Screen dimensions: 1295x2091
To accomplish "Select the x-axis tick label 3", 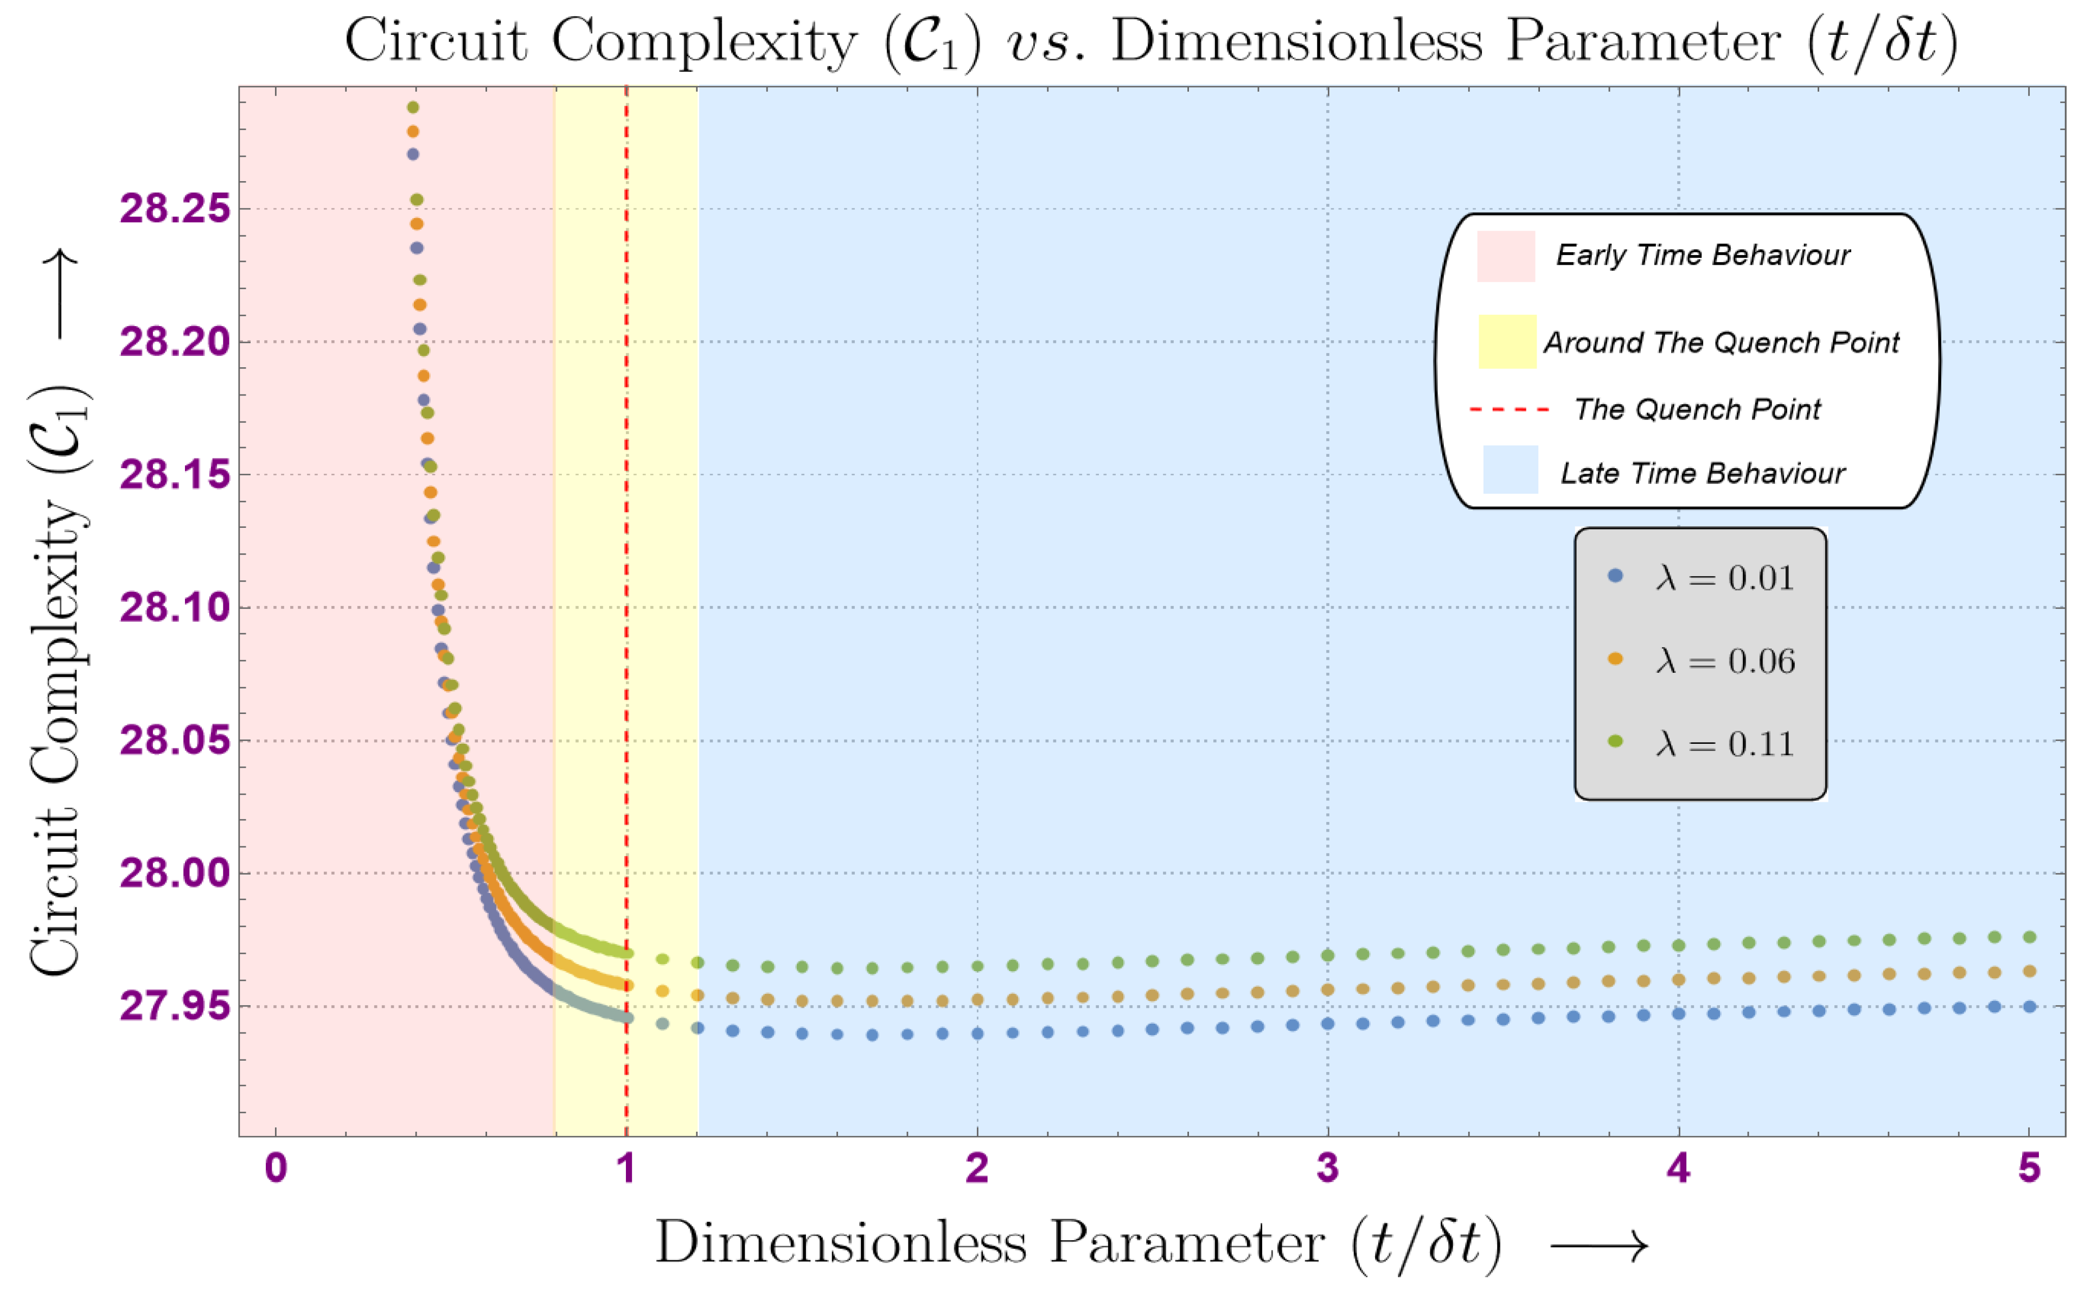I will pos(1327,1168).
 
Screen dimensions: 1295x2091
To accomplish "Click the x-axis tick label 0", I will pos(276,1168).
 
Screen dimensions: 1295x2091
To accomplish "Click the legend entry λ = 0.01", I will pos(1724,578).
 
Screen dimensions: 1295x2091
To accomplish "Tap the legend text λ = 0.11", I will pos(1724,743).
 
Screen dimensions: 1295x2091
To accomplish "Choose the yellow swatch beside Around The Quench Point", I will pos(1507,342).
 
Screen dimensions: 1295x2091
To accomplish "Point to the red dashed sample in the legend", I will pos(1510,410).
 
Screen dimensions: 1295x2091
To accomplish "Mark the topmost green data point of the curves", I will pos(413,107).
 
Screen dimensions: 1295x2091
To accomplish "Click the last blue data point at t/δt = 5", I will pos(2029,1006).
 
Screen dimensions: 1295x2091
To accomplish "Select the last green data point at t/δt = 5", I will pos(2029,937).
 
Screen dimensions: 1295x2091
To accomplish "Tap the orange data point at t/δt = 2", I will pos(977,999).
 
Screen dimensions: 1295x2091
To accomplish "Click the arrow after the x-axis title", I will pos(1598,1245).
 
